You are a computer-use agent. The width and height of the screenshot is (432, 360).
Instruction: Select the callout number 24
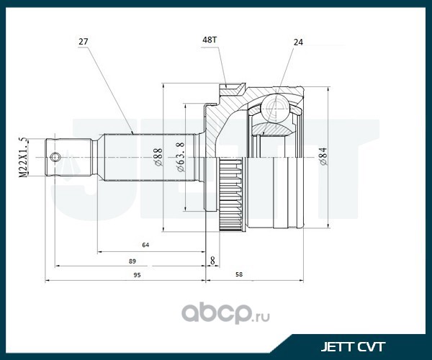(x=297, y=42)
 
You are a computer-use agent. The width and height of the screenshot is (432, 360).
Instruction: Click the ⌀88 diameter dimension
(x=158, y=156)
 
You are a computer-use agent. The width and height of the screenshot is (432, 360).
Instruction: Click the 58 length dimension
(x=238, y=275)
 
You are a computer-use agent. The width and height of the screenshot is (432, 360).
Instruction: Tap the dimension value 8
(x=212, y=259)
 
